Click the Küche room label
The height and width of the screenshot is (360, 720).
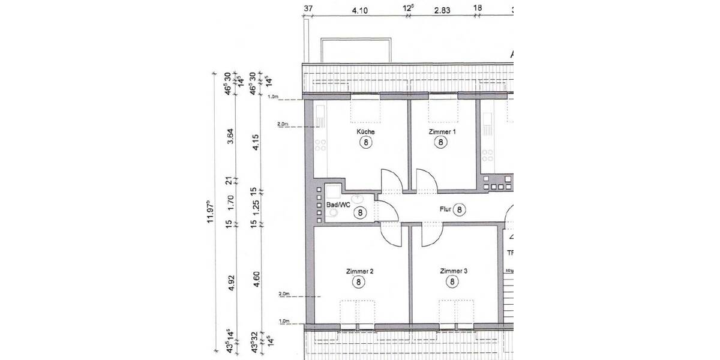[x=365, y=131]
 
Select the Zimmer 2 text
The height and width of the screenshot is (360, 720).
[x=360, y=271]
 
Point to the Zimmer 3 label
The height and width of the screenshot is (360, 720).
[x=453, y=271]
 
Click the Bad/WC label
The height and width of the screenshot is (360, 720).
[x=338, y=205]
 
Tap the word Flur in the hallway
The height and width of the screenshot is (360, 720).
[x=444, y=209]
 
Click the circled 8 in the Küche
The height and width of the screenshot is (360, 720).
[x=365, y=142]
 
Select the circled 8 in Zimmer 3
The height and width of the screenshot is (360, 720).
[x=452, y=281]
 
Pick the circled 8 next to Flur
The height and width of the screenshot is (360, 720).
[x=459, y=209]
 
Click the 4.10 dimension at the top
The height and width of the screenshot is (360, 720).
[x=359, y=10]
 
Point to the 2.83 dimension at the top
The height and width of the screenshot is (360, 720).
[x=442, y=10]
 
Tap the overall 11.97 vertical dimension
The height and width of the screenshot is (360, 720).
[x=211, y=211]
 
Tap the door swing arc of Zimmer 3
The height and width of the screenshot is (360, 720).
[x=430, y=237]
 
